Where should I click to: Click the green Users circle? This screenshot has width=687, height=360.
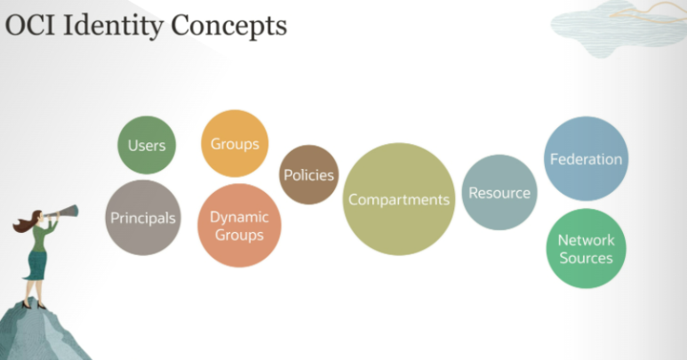click(147, 145)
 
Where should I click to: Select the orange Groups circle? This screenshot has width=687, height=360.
click(235, 143)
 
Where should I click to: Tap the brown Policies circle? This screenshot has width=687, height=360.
click(309, 175)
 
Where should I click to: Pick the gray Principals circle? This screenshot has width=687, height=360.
click(143, 218)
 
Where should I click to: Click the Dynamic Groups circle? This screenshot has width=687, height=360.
click(239, 226)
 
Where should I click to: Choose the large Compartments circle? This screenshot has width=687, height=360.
click(399, 199)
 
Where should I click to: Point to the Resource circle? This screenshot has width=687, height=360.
click(499, 192)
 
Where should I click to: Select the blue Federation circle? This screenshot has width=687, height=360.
click(587, 158)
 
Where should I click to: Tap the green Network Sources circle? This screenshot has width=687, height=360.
click(587, 248)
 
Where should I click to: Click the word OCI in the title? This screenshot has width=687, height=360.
click(30, 26)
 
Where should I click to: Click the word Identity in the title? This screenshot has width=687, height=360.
click(114, 27)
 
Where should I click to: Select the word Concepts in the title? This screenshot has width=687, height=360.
click(228, 27)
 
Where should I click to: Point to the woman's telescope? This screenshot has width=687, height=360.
click(61, 212)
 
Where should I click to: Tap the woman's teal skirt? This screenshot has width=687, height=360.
click(36, 265)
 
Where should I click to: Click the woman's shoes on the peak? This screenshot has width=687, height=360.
click(33, 305)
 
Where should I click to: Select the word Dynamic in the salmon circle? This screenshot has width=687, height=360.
click(239, 217)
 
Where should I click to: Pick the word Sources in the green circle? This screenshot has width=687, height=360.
click(587, 258)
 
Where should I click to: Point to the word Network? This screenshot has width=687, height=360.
click(587, 240)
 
